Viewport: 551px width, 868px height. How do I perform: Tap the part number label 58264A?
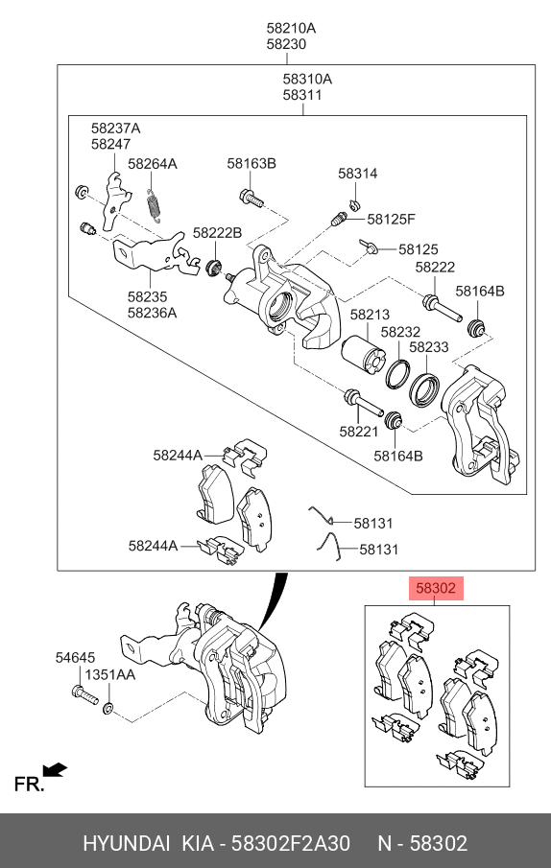coord(153,164)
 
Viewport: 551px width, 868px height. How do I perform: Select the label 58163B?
coord(252,164)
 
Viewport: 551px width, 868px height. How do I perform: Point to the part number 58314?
coord(357,174)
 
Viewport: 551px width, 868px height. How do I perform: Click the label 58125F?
coord(391,219)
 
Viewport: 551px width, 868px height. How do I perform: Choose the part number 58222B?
coord(217,233)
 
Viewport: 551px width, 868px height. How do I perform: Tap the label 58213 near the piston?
coord(370,314)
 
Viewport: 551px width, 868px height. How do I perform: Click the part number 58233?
coord(429,348)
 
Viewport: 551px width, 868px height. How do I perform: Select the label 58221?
coord(358,432)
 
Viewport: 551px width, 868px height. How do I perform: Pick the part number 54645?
coord(75,658)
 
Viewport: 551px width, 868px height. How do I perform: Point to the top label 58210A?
coord(291,29)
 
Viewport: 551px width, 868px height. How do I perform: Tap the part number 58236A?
coord(153,313)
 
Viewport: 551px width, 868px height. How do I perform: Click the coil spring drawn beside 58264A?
coord(153,204)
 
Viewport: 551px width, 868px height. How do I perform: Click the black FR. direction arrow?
coord(56,769)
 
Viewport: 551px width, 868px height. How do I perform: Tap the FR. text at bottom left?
coord(29,785)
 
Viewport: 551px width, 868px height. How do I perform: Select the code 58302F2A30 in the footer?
coord(293,843)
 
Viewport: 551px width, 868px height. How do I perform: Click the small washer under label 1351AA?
coord(109,709)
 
